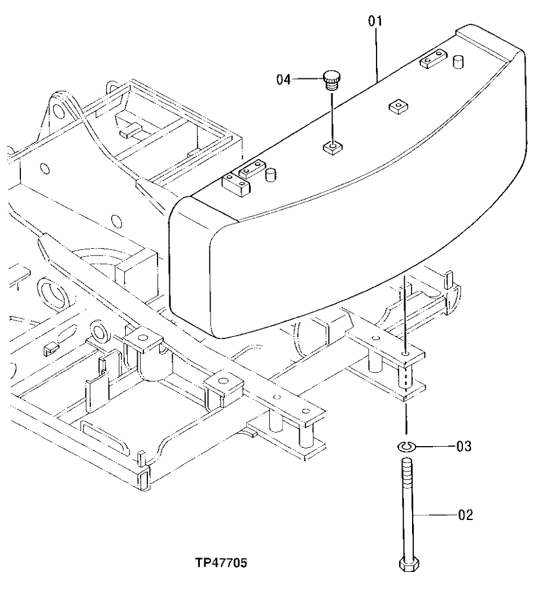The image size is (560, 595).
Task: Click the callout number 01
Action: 375,21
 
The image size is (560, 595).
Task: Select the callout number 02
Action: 465,514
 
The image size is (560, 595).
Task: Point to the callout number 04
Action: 284,80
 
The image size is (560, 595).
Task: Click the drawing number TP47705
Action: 221,563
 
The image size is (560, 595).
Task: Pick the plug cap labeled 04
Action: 331,80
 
